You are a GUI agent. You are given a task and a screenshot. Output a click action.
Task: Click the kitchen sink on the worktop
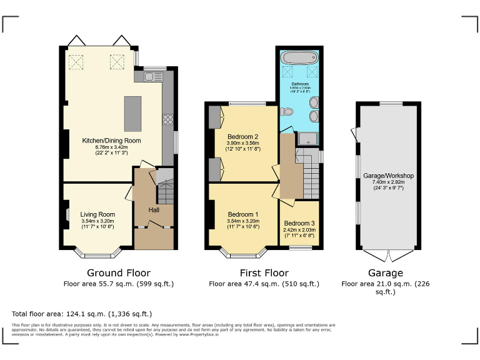(153, 76)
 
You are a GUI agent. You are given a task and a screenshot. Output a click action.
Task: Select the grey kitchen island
(133, 113)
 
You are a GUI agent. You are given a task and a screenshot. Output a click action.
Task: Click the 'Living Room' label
(98, 214)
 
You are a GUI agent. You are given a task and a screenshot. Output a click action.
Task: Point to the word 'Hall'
(154, 209)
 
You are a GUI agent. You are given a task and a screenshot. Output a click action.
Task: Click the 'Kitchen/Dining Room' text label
(112, 141)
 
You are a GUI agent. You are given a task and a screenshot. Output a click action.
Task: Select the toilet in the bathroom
(287, 112)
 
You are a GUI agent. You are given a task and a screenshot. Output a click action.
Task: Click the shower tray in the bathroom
(307, 139)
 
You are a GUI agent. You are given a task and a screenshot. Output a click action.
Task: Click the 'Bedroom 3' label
(299, 223)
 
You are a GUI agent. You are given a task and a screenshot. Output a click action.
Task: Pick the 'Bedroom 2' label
(243, 136)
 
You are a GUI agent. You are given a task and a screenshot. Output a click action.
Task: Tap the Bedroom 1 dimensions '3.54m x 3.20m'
(243, 221)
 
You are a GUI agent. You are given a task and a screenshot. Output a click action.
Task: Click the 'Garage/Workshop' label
(388, 176)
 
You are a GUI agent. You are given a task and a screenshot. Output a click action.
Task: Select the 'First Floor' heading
(264, 272)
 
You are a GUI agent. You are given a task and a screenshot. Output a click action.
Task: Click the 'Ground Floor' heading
(118, 272)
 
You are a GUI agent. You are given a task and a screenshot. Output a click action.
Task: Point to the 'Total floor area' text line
(82, 314)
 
